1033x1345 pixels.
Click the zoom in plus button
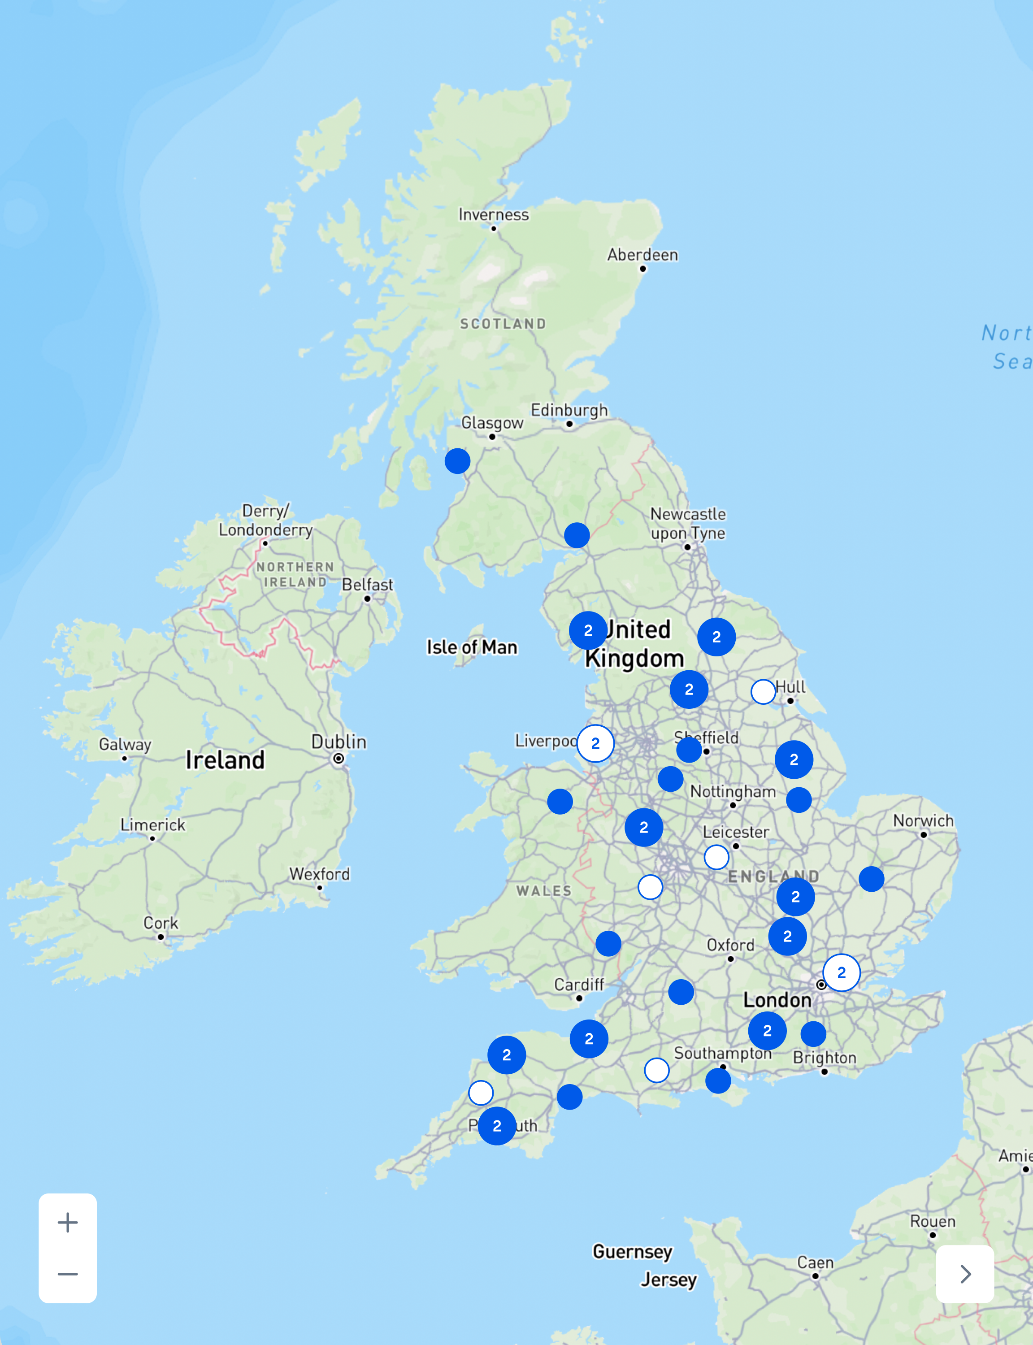(68, 1222)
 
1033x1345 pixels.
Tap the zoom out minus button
(68, 1274)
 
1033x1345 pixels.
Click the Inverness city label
(493, 215)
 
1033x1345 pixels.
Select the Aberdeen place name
(642, 255)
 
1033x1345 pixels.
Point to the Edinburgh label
(569, 410)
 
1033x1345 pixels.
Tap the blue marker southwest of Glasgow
(457, 461)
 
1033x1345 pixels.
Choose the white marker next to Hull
(763, 692)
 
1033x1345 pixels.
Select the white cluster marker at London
(841, 972)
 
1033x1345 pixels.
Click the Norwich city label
(923, 820)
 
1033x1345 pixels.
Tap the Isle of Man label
(472, 647)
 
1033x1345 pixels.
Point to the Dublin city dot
(338, 759)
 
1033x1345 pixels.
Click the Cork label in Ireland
(161, 923)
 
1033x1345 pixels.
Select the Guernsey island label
(632, 1252)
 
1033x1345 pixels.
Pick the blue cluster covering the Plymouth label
(497, 1126)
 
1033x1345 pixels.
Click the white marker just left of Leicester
(716, 857)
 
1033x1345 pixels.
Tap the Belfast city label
(367, 585)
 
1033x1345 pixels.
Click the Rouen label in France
(932, 1221)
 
